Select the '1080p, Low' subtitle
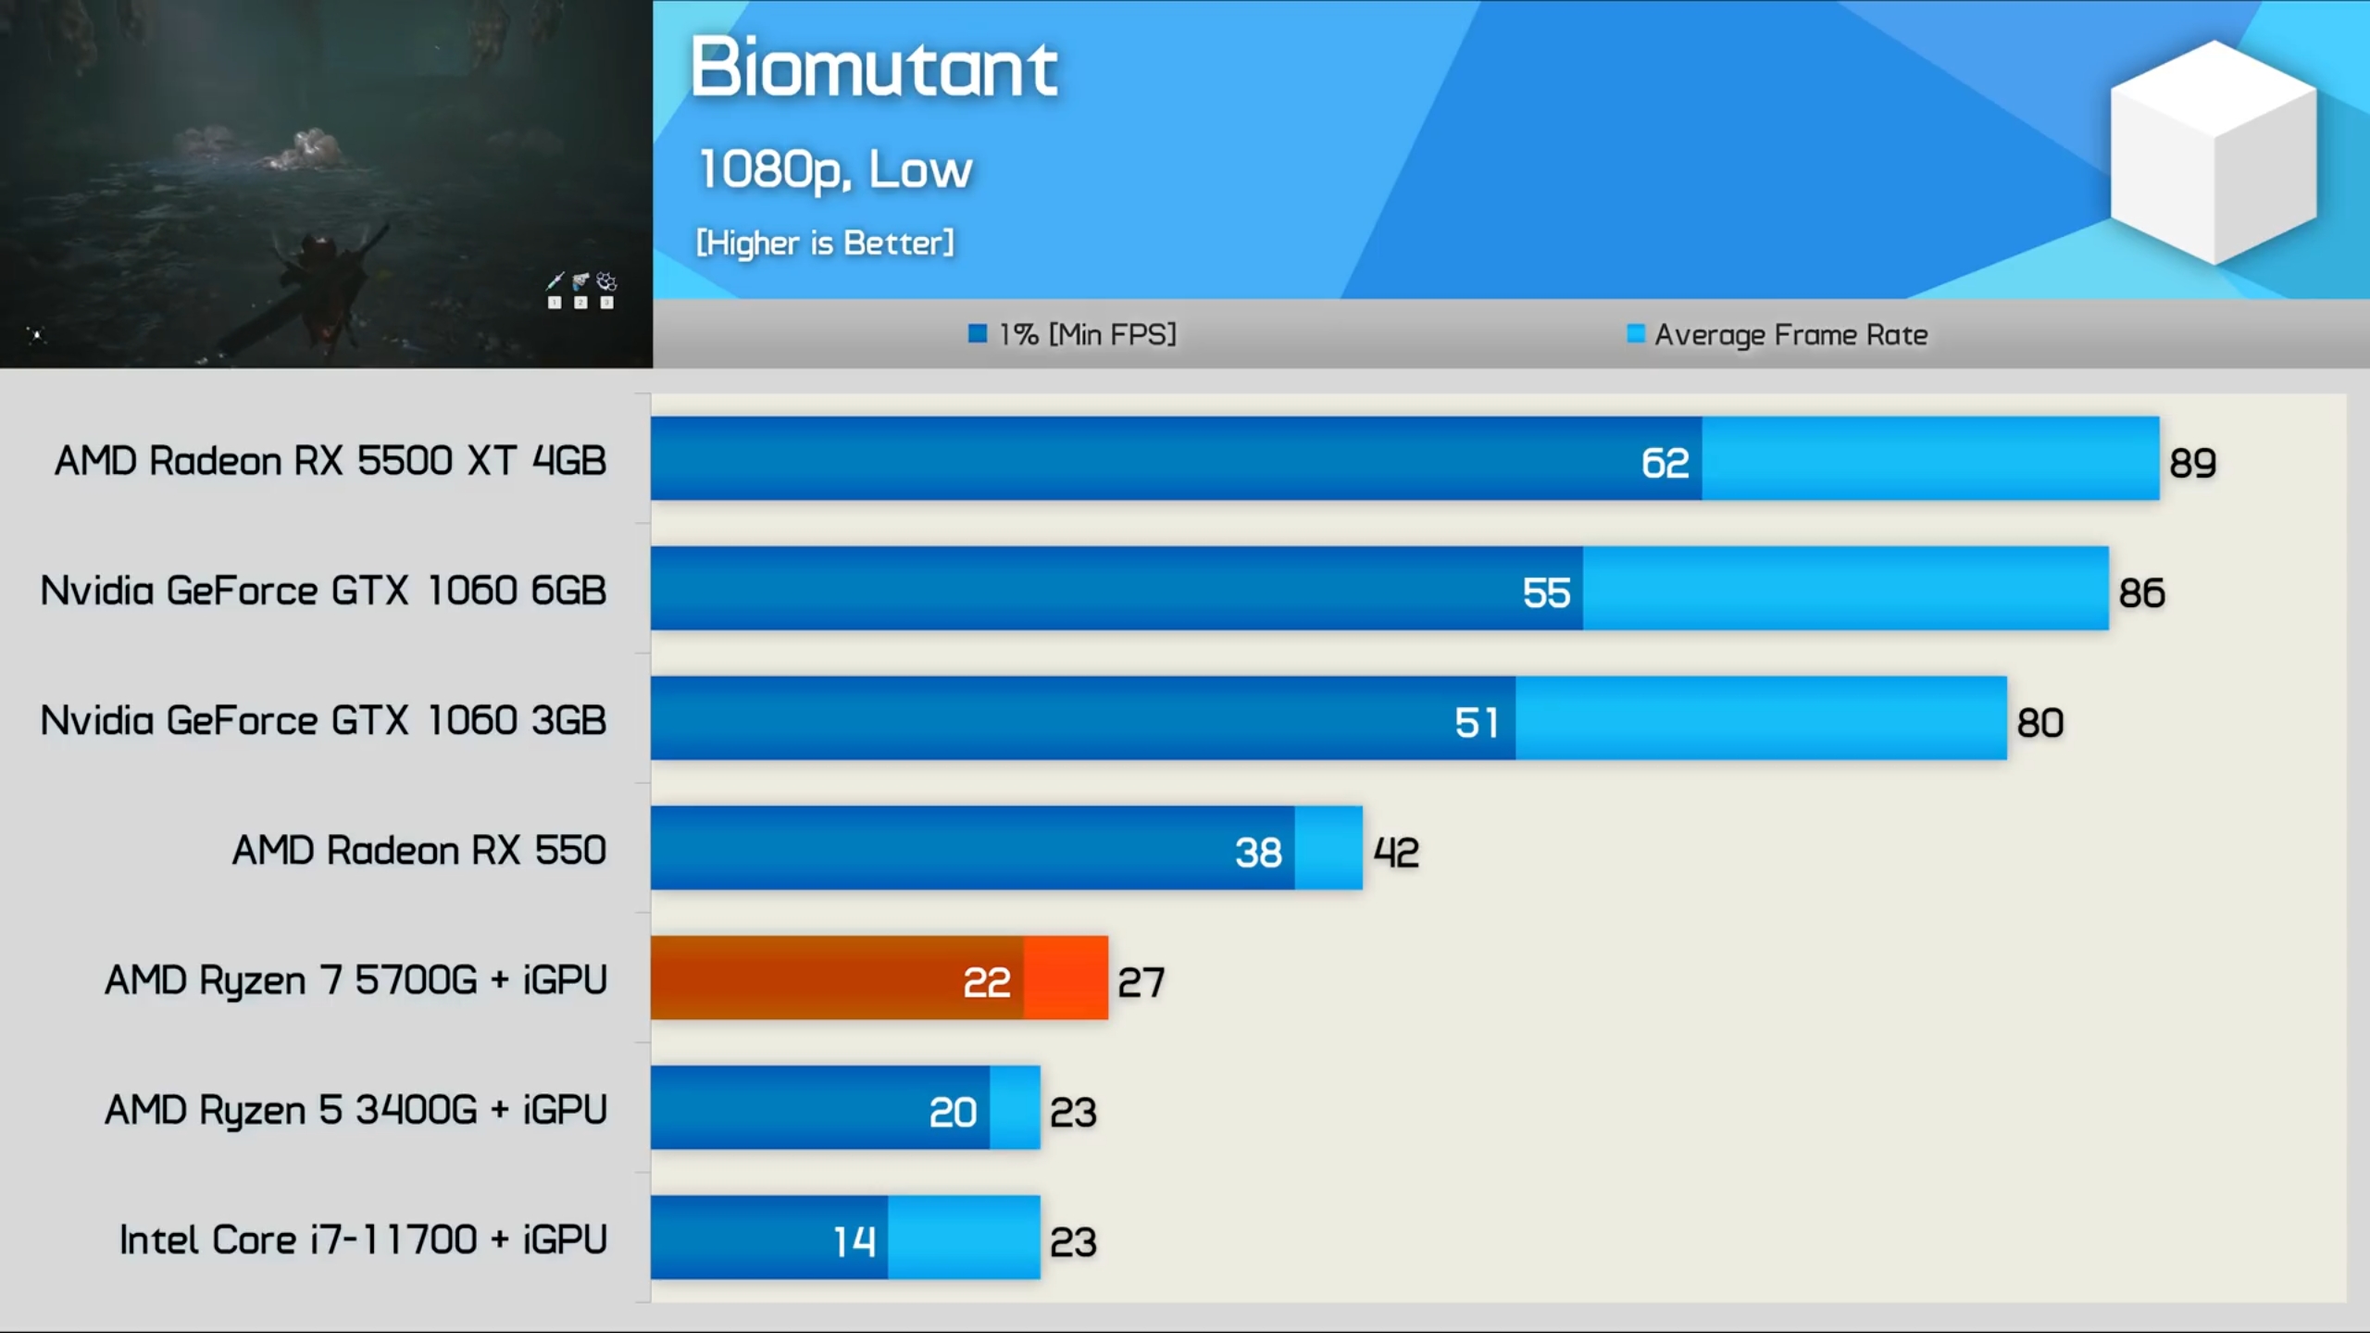835,169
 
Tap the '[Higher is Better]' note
824,243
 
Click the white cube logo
2213,153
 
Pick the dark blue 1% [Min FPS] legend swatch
977,333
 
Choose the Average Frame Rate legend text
1790,334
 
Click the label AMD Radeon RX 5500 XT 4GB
331,460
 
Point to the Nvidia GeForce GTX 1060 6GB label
323,591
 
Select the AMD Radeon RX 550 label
418,850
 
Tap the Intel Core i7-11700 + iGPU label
363,1240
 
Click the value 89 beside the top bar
2192,463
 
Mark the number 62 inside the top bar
1665,463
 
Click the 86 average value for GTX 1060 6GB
2141,592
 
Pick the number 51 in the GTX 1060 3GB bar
1476,722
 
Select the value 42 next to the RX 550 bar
1395,853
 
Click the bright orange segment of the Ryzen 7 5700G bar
1066,978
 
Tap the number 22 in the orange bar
986,982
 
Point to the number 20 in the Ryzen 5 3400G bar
953,1112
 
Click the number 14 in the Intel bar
854,1241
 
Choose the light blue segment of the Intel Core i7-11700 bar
963,1238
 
